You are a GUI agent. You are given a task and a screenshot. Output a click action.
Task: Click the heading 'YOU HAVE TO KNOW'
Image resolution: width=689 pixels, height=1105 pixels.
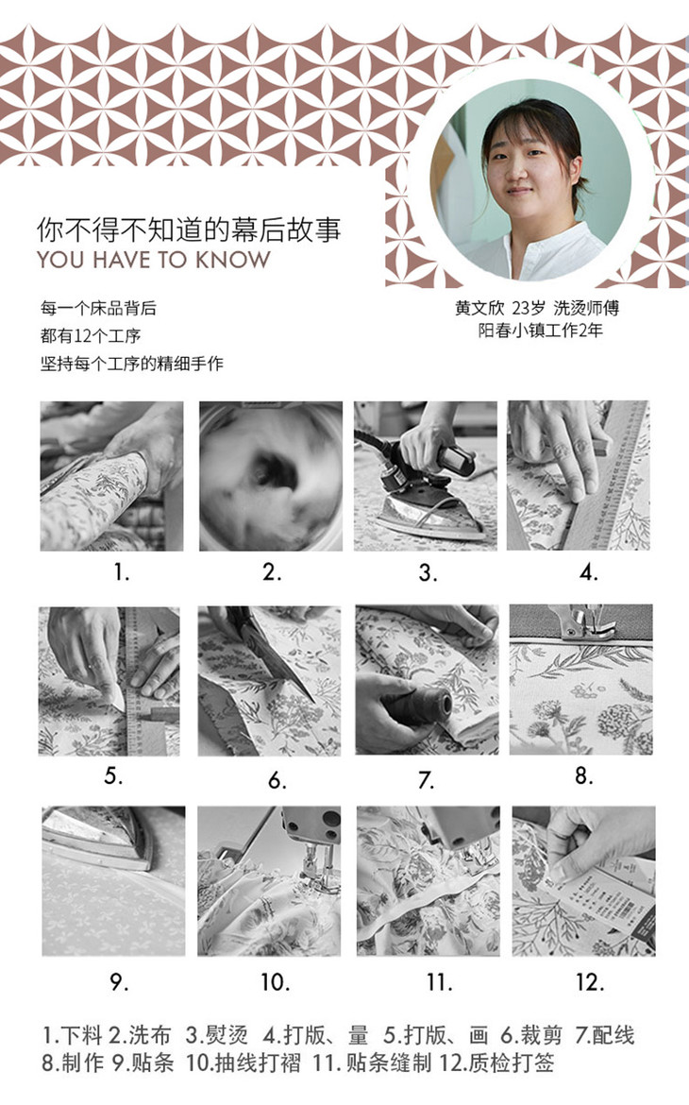(154, 260)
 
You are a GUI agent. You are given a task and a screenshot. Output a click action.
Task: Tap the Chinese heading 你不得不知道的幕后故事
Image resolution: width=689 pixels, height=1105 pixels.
(189, 229)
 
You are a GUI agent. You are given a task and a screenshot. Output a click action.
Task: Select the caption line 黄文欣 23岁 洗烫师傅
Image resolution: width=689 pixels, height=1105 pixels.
(536, 308)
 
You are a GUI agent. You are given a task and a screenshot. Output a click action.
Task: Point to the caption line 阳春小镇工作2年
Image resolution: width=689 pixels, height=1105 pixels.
(541, 330)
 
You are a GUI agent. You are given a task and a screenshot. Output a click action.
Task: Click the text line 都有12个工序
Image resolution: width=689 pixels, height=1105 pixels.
(91, 335)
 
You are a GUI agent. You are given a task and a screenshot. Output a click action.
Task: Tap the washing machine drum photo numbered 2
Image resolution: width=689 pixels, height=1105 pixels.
(271, 476)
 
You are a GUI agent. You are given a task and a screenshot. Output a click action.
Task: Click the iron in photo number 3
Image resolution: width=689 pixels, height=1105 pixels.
(427, 497)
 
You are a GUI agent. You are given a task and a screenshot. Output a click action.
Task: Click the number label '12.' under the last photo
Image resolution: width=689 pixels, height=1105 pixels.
(590, 982)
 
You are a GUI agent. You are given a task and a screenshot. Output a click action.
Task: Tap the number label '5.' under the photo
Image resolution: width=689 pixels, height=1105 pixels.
(113, 776)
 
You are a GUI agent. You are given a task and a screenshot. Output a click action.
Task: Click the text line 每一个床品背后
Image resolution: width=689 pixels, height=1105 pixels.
(98, 308)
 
